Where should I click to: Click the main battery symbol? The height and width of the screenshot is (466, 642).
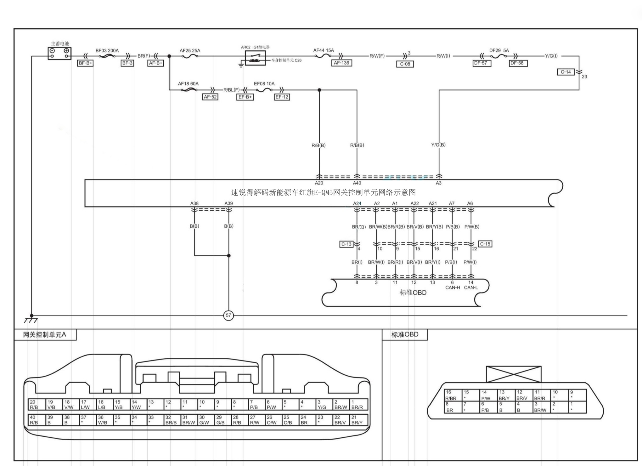pyautogui.click(x=59, y=53)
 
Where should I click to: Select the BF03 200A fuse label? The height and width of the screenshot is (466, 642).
pyautogui.click(x=107, y=50)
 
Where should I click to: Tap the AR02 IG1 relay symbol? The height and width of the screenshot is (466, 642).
pyautogui.click(x=255, y=58)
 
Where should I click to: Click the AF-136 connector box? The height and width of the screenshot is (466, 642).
pyautogui.click(x=341, y=63)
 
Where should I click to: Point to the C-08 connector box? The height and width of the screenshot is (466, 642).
pyautogui.click(x=405, y=64)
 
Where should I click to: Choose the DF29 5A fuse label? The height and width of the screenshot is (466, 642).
pyautogui.click(x=499, y=50)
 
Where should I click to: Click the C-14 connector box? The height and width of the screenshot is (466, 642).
pyautogui.click(x=566, y=72)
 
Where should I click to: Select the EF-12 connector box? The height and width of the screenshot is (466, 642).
pyautogui.click(x=282, y=97)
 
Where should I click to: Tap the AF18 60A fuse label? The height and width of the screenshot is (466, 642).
pyautogui.click(x=188, y=84)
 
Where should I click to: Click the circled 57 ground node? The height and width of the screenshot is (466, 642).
pyautogui.click(x=228, y=315)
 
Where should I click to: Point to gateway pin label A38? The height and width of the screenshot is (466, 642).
pyautogui.click(x=194, y=203)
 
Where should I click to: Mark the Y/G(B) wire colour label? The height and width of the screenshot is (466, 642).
pyautogui.click(x=438, y=145)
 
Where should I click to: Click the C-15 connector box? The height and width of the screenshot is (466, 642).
pyautogui.click(x=485, y=244)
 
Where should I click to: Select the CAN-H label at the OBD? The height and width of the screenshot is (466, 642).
pyautogui.click(x=453, y=287)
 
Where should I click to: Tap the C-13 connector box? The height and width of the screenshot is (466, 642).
pyautogui.click(x=346, y=244)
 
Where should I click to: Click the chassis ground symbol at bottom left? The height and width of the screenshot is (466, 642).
pyautogui.click(x=31, y=320)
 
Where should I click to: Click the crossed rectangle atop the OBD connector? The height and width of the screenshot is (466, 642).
pyautogui.click(x=514, y=374)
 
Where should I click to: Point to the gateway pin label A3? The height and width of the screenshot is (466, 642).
pyautogui.click(x=439, y=183)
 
